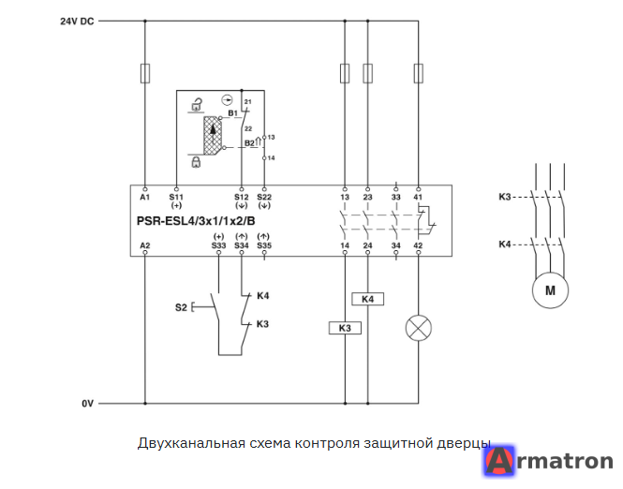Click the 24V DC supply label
click(x=77, y=22)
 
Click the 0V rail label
click(x=87, y=404)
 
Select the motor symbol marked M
click(x=550, y=290)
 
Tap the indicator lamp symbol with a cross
click(x=419, y=328)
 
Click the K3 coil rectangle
click(x=345, y=328)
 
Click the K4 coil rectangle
click(x=368, y=299)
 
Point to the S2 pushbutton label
click(x=181, y=307)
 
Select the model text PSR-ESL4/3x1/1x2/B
click(x=196, y=221)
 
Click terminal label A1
click(x=144, y=197)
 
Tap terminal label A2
click(x=145, y=245)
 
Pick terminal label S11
click(x=176, y=197)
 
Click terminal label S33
click(x=218, y=245)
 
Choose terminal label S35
click(x=264, y=245)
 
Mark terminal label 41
click(x=418, y=197)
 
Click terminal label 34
click(x=395, y=245)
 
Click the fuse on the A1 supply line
click(x=145, y=73)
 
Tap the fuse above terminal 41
click(x=419, y=73)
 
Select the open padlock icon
click(x=197, y=104)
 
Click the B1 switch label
click(x=233, y=113)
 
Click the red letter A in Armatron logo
click(x=500, y=461)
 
